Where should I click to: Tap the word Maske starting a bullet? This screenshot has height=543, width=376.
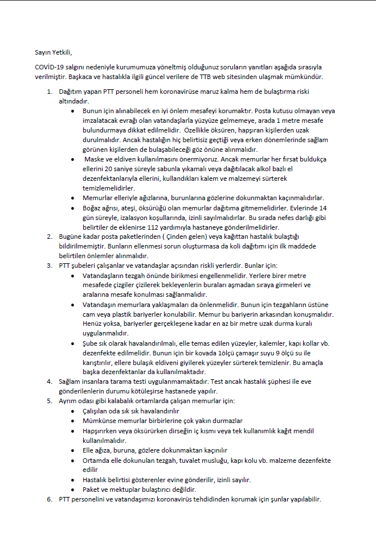[x=94, y=160]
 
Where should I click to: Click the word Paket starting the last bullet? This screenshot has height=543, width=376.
[x=92, y=490]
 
